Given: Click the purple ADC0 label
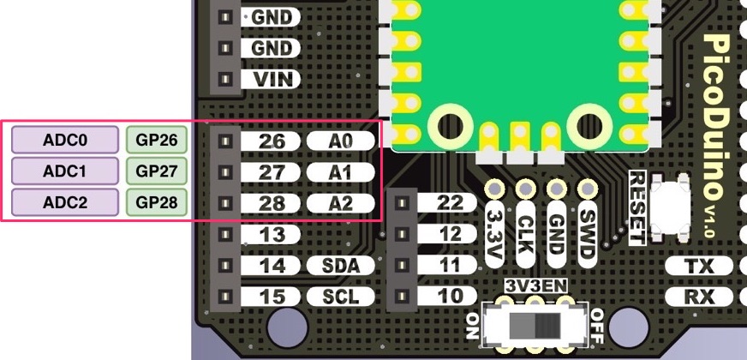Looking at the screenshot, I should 65,140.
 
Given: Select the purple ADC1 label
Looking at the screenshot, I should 65,171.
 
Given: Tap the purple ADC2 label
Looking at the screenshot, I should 65,203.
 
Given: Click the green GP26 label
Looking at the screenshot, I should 157,140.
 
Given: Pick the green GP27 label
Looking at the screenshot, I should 157,171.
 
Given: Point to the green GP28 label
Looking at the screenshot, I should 157,203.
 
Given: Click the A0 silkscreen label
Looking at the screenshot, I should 341,140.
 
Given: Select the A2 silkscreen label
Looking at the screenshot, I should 341,203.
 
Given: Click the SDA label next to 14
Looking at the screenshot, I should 340,266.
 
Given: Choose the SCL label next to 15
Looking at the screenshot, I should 340,297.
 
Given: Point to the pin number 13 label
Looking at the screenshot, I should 272,234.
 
